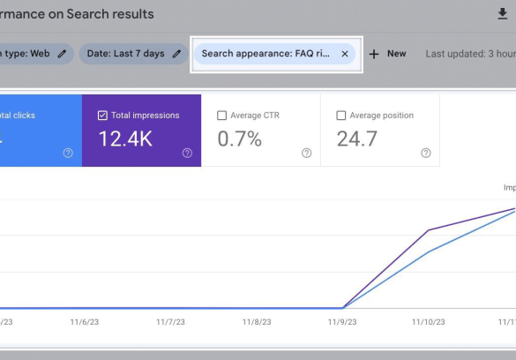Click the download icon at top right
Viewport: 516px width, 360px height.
[503, 14]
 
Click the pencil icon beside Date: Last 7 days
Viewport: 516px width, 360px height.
[176, 54]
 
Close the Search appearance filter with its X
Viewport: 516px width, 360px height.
[345, 54]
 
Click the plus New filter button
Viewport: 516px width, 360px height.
[388, 54]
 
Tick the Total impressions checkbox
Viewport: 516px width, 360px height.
[103, 116]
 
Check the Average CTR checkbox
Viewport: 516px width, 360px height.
[221, 116]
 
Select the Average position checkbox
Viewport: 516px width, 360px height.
[341, 116]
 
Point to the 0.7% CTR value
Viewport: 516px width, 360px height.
[239, 139]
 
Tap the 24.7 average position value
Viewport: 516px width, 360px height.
[357, 139]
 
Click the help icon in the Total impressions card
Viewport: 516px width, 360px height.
[187, 153]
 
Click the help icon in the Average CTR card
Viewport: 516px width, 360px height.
[306, 153]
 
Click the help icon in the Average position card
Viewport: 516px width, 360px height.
[426, 153]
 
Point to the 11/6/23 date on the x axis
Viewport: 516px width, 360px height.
[86, 323]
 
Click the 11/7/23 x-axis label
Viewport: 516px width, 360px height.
[171, 323]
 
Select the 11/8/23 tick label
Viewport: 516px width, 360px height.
[257, 323]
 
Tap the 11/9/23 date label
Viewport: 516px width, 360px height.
[342, 323]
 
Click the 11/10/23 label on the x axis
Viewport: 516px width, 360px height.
[429, 323]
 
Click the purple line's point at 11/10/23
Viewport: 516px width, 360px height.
[429, 230]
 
